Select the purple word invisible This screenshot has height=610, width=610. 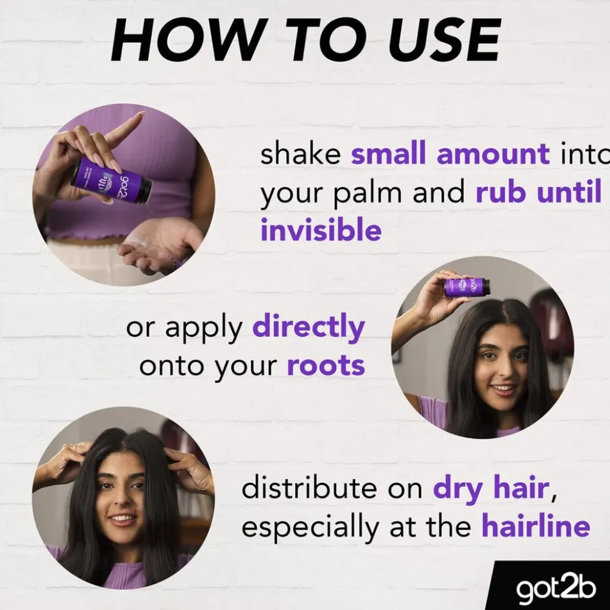coord(321,230)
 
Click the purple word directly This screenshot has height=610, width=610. coord(308,328)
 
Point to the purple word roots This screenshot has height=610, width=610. coord(326,366)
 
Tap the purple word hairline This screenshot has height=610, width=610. coord(535,526)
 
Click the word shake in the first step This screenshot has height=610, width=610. coord(300,155)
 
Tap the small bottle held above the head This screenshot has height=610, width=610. coord(467,286)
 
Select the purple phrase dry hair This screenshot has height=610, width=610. coord(492,489)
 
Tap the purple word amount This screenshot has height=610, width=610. coord(493,155)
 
